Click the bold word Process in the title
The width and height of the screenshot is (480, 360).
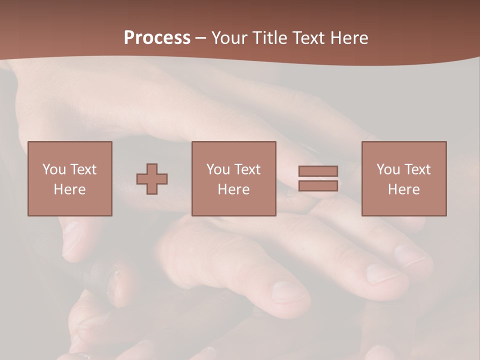(x=157, y=38)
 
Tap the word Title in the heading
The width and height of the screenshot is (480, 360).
(x=270, y=38)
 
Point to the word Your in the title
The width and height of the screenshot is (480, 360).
(x=229, y=38)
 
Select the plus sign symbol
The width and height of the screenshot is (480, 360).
(x=152, y=178)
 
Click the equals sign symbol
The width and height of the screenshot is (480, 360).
(x=318, y=178)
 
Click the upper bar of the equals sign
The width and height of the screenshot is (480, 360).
(x=318, y=171)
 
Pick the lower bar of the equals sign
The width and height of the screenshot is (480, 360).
(x=318, y=185)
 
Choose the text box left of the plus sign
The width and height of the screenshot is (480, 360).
(x=69, y=178)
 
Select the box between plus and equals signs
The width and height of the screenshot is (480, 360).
(x=233, y=178)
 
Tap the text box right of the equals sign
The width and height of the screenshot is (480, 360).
(x=403, y=178)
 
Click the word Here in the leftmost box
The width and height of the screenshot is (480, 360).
(x=69, y=189)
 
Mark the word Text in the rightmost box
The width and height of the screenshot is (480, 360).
(x=417, y=169)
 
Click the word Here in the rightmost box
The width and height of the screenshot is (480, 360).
(x=403, y=189)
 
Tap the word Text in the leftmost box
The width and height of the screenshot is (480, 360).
(x=83, y=169)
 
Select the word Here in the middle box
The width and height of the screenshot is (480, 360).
(x=233, y=189)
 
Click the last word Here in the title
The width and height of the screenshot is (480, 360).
(x=350, y=38)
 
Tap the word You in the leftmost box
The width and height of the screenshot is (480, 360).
(x=54, y=169)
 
